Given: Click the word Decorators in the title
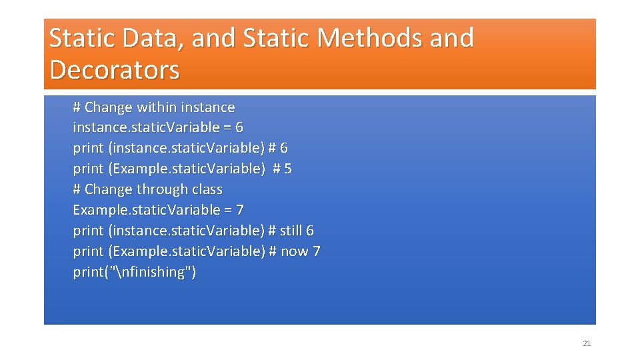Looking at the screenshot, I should click(115, 69).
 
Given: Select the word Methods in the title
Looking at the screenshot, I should click(370, 38).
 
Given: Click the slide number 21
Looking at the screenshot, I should click(587, 343).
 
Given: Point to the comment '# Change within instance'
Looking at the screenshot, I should click(154, 107).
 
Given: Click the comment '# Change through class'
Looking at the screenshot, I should click(147, 189).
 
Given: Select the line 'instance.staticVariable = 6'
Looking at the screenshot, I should click(158, 127).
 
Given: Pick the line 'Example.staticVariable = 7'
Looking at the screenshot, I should click(158, 210).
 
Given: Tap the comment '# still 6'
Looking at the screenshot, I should click(291, 231).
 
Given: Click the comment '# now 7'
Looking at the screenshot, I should click(294, 251).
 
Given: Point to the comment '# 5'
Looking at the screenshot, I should click(282, 169).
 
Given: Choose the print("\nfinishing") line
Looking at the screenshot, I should click(135, 272).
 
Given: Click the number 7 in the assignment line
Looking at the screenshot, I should click(240, 210).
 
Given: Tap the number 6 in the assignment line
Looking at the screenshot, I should click(239, 127).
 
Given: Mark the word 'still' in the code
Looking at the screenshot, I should click(291, 231).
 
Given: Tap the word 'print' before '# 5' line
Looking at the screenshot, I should click(88, 169).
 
